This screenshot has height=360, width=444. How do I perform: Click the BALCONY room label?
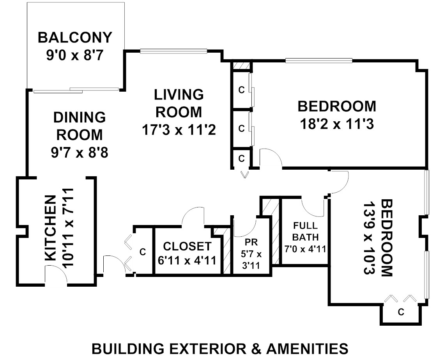pos(75,38)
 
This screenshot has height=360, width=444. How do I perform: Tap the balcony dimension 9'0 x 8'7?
pos(75,55)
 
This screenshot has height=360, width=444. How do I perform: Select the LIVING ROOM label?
pos(179,103)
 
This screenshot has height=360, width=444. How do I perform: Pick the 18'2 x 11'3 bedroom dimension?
pos(337,124)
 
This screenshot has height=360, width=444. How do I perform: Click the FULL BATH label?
pos(305,231)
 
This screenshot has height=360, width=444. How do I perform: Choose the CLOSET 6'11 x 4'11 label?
pos(188,253)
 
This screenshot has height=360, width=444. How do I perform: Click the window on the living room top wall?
pos(173,50)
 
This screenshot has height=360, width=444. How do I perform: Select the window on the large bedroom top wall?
pos(319,60)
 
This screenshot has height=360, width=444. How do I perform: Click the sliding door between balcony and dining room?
pos(76,90)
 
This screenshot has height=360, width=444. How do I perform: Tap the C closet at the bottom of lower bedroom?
pos(401,312)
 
